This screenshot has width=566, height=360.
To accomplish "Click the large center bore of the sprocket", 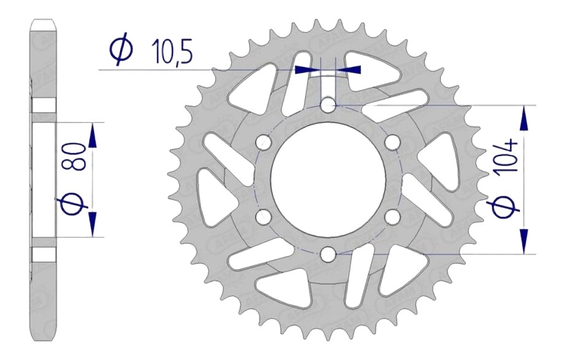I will (x=328, y=179).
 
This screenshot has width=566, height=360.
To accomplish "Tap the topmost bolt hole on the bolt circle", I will (x=328, y=105).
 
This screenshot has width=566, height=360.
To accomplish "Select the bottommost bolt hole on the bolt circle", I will (x=328, y=253).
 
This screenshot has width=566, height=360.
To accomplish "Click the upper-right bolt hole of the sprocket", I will (x=392, y=142).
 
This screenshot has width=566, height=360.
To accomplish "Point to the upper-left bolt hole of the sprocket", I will (x=265, y=142).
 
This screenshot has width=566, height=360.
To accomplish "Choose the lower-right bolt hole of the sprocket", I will (x=392, y=216).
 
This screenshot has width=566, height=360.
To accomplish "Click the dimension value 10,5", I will (x=170, y=52).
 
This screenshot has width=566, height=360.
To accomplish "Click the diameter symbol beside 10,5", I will (x=119, y=52).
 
